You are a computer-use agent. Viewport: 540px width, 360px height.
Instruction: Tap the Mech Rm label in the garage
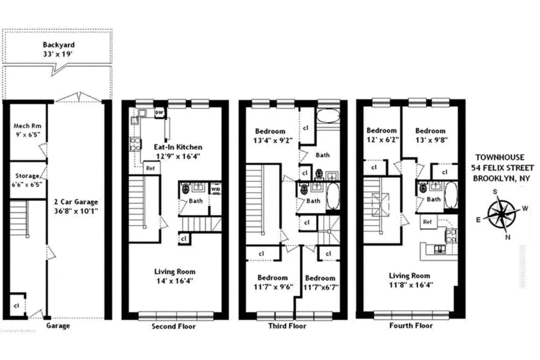[26, 131]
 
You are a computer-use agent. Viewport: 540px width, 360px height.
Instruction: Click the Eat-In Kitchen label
[178, 151]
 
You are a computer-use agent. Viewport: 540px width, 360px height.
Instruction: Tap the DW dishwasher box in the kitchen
[159, 112]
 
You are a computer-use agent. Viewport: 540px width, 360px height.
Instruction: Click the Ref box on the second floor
[151, 169]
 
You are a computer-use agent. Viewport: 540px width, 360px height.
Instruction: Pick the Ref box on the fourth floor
[427, 221]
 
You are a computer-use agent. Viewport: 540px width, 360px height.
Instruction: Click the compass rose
[503, 214]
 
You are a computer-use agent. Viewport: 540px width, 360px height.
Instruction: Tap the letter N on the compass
[508, 236]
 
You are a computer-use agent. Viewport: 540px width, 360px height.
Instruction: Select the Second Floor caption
[174, 326]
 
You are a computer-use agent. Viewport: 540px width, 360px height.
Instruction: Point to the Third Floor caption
[289, 326]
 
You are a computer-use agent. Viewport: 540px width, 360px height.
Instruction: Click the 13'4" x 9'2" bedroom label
[273, 136]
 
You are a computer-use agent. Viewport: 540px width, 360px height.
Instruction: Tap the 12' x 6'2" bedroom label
[382, 135]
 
